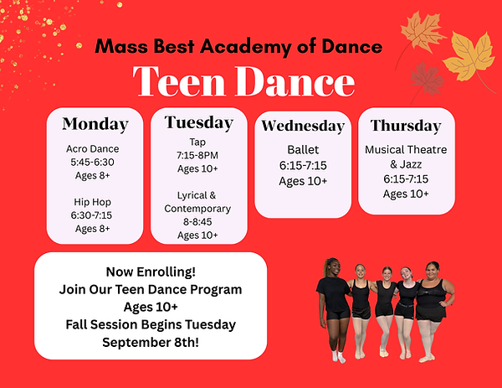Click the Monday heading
(95, 124)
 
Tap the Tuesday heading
(199, 123)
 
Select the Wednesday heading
(303, 126)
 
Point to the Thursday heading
(406, 126)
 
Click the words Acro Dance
(93, 149)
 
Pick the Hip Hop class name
(93, 202)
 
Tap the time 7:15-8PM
(197, 155)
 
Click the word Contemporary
(197, 209)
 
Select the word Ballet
(303, 150)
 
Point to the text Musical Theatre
(406, 149)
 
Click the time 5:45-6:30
(92, 163)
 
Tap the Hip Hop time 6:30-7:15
(91, 215)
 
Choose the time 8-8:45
(197, 222)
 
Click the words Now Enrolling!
(151, 272)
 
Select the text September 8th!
(151, 343)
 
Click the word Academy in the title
(245, 47)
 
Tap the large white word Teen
(179, 81)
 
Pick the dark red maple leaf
(427, 79)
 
